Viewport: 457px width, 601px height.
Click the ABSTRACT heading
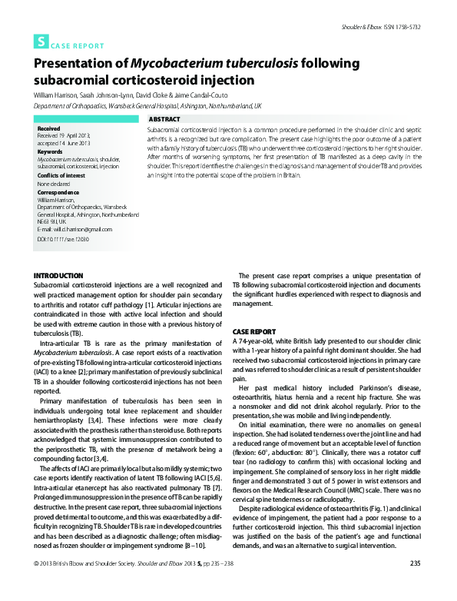164,120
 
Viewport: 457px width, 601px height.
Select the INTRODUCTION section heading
58,275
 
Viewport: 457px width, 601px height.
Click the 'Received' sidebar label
48,128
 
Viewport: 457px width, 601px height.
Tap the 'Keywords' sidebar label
50,151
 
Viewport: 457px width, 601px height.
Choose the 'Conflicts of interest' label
61,175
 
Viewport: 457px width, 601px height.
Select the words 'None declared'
54,183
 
